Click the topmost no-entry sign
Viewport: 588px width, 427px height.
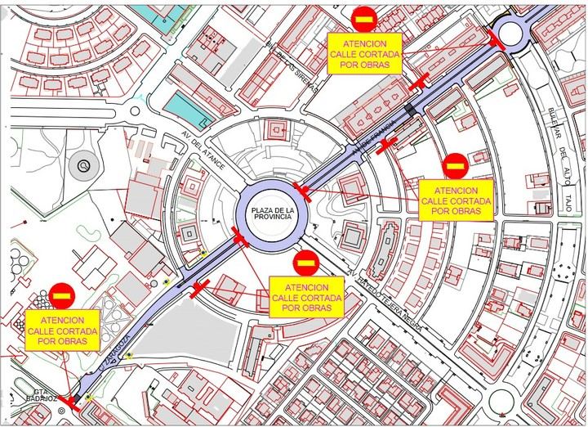pyautogui.click(x=363, y=17)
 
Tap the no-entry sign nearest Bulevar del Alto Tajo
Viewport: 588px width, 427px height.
pyautogui.click(x=455, y=167)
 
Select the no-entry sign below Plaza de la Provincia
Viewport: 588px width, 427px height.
pyautogui.click(x=306, y=263)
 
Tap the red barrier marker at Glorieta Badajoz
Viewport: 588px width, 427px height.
pyautogui.click(x=76, y=401)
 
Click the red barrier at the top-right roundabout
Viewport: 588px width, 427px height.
pyautogui.click(x=495, y=35)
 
